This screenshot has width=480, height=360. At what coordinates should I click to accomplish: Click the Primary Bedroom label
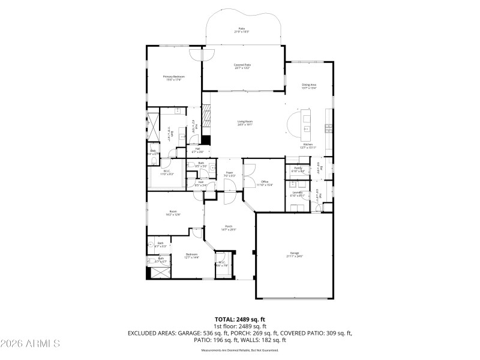tap(174, 78)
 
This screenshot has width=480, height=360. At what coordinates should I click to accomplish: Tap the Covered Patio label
tap(242, 66)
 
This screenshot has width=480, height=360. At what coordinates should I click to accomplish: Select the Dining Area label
tap(309, 86)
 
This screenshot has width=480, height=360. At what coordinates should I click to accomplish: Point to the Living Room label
tap(245, 123)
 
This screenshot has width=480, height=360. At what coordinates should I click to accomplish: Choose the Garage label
tap(295, 254)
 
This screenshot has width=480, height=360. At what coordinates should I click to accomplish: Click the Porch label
tap(229, 228)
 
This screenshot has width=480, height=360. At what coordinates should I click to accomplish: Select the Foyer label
tap(229, 174)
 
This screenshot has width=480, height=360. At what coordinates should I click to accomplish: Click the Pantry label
tap(298, 170)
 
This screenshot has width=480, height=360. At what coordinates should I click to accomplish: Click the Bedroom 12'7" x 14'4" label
tap(192, 256)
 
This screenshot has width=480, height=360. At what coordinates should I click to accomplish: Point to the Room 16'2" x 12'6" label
tap(173, 213)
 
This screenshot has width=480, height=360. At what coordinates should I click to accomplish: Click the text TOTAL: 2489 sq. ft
tap(240, 319)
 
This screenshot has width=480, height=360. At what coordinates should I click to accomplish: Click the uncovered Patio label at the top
tap(242, 29)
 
